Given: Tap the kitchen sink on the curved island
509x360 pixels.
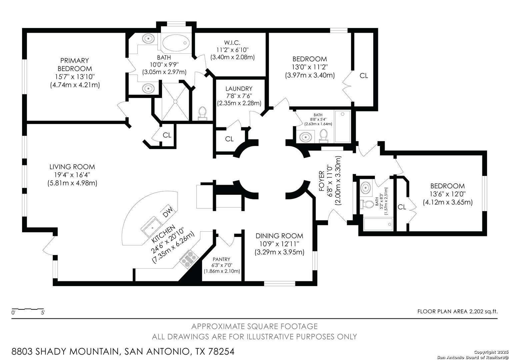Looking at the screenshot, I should tap(153, 227).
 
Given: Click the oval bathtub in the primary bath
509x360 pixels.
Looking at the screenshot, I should tap(176, 42).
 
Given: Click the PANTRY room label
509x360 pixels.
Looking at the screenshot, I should tap(221, 259).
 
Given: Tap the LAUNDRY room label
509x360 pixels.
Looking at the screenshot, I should tap(239, 89).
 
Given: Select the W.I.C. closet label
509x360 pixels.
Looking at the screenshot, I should tap(232, 42).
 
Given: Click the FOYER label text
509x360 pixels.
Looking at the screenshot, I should tap(322, 181).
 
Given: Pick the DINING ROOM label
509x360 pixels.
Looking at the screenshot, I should tap(279, 236).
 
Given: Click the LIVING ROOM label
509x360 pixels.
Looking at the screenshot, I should tap(72, 167).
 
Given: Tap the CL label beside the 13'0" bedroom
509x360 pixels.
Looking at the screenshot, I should tap(364, 76).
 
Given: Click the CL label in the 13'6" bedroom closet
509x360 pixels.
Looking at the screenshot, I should tap(402, 207).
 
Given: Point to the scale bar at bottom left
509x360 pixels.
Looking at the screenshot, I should tap(28, 309).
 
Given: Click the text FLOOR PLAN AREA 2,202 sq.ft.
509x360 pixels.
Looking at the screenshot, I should tap(457, 312).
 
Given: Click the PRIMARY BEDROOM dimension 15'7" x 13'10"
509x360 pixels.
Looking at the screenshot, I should tap(75, 77).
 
